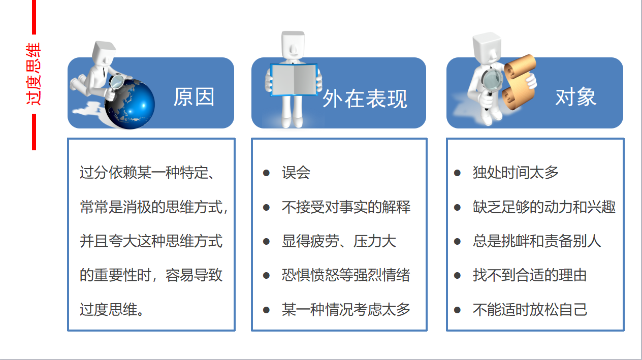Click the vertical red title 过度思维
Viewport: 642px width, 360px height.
[35, 75]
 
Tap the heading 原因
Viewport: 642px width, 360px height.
[194, 97]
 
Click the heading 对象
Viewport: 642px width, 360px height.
[575, 97]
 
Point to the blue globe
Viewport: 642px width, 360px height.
[131, 104]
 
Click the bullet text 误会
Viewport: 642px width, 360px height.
[296, 173]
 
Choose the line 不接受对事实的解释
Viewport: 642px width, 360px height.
[346, 207]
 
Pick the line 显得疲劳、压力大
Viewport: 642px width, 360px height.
[339, 241]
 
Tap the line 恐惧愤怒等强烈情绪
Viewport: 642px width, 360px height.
[346, 275]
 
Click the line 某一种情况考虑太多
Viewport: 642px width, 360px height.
[346, 309]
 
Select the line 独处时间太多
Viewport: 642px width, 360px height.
[516, 173]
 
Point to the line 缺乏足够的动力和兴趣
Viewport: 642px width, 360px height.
[544, 207]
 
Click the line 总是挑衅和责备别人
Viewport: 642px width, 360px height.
[537, 241]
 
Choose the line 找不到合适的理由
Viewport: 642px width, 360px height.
[530, 275]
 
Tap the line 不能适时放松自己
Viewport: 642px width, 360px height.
[530, 309]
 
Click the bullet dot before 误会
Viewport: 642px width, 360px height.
[266, 173]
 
